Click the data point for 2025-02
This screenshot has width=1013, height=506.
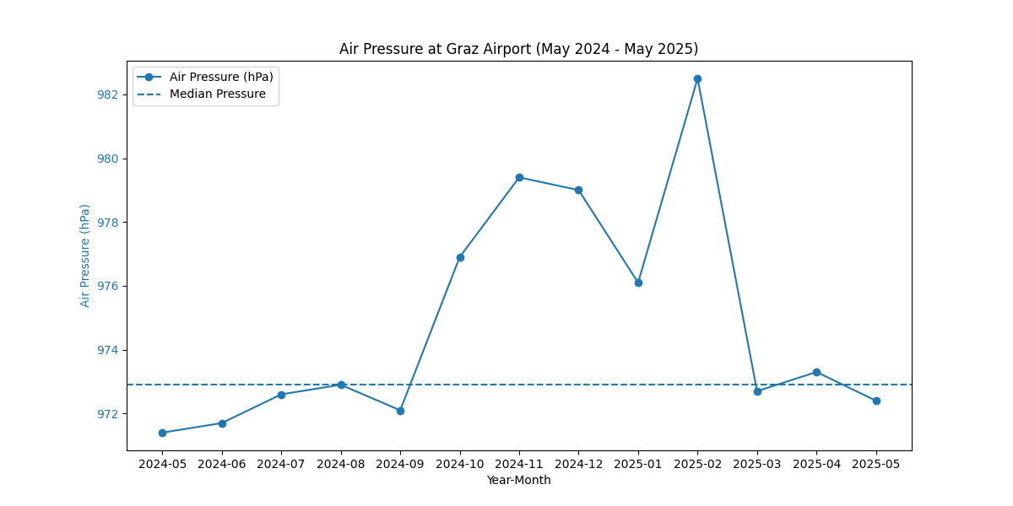[x=697, y=78]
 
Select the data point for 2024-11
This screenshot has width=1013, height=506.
[x=519, y=177]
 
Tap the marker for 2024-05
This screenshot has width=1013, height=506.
[x=162, y=433]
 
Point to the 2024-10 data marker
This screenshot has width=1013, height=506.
[x=460, y=257]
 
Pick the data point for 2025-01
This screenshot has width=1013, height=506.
[x=638, y=283]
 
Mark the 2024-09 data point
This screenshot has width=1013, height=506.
[x=400, y=411]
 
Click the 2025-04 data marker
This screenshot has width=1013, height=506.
[x=816, y=372]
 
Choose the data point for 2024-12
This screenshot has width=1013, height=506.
[x=578, y=190]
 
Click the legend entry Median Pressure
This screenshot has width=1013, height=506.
[x=218, y=94]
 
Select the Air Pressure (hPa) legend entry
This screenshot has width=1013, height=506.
[x=221, y=77]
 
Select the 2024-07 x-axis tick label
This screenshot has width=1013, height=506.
[x=281, y=464]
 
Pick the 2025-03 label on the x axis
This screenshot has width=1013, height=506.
[x=757, y=464]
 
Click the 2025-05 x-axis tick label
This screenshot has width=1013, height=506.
[x=876, y=464]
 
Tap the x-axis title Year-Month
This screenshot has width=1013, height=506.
[x=518, y=481]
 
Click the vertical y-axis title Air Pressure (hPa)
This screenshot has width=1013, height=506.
[x=85, y=255]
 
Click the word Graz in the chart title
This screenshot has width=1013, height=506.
[x=458, y=49]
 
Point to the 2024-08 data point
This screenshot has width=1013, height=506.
[x=341, y=385]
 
